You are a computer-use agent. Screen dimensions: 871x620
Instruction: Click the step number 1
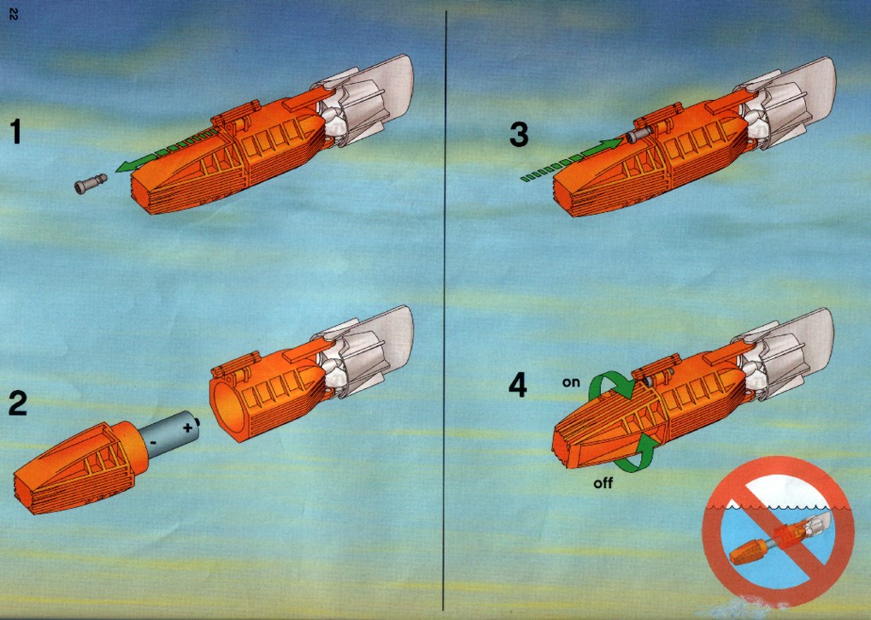(16, 132)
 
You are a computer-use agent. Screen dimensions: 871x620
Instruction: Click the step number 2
(18, 404)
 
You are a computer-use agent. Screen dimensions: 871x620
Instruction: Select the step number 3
(519, 134)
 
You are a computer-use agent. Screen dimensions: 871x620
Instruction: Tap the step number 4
(518, 385)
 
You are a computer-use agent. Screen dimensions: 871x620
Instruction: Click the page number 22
(13, 15)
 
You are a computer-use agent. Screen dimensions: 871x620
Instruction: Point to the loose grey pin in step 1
(90, 184)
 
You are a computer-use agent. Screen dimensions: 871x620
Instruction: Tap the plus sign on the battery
(188, 428)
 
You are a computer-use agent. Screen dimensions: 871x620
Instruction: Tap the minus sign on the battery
(153, 443)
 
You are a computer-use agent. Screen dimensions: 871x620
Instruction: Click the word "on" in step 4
(570, 382)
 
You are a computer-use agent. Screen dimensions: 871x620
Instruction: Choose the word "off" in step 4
(603, 483)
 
